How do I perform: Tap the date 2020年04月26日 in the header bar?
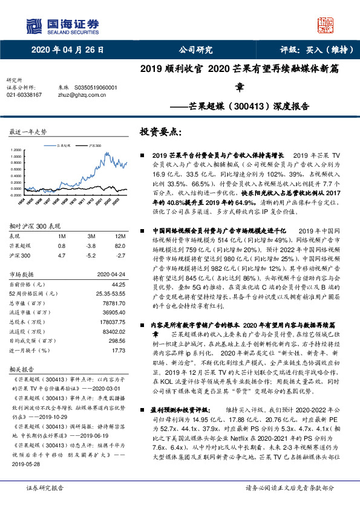68,50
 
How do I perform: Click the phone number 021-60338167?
24,95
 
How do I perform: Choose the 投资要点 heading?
161,131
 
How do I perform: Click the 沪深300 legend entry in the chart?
94,146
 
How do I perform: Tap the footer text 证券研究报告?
44,487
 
